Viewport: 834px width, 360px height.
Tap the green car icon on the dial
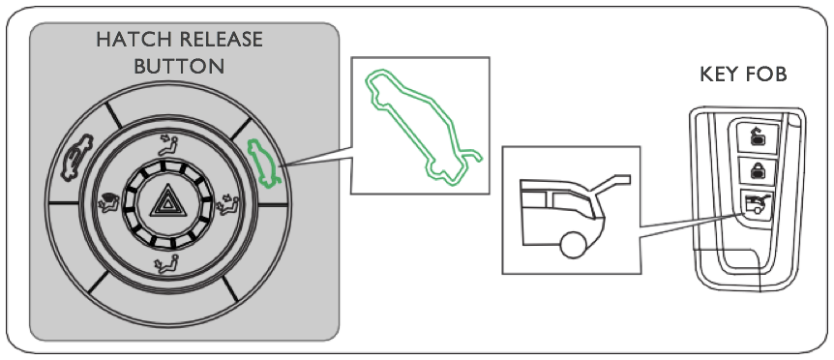point(263,164)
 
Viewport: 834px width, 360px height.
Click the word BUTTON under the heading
point(179,67)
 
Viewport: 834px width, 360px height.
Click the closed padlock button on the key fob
point(757,171)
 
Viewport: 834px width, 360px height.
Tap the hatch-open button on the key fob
point(757,206)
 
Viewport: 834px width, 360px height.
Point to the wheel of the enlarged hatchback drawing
point(574,245)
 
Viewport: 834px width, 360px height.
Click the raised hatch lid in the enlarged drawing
point(611,187)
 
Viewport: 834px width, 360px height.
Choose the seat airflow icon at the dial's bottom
point(166,262)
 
